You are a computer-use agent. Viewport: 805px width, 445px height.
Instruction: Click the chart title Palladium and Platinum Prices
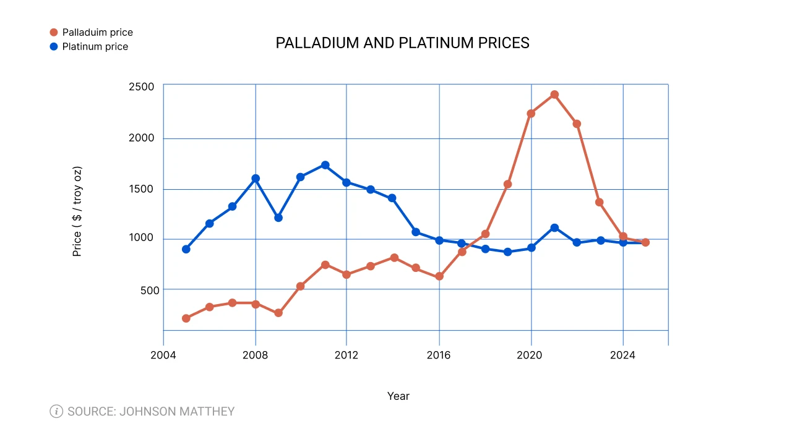(x=402, y=43)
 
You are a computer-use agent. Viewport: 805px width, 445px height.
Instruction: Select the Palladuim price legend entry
(x=97, y=32)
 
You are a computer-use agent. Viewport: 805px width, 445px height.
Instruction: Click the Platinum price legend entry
(x=95, y=46)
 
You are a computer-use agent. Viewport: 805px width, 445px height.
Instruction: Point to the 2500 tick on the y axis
(x=141, y=87)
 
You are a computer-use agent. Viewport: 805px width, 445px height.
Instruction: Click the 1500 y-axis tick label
(x=141, y=189)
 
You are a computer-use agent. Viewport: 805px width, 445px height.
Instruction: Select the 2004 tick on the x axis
(x=163, y=356)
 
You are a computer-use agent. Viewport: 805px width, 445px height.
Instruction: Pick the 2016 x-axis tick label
(x=439, y=356)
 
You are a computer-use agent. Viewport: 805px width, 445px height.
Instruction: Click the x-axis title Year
(x=398, y=396)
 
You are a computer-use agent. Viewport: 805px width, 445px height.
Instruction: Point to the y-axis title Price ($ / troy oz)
(x=77, y=211)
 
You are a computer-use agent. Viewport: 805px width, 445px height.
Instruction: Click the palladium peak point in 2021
(x=554, y=95)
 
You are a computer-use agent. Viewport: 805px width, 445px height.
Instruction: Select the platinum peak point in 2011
(x=325, y=165)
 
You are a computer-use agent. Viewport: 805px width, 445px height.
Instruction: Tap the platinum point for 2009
(x=278, y=218)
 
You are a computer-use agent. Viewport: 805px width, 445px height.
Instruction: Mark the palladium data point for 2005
(x=186, y=318)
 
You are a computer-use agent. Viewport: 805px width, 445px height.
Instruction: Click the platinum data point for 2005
(x=186, y=249)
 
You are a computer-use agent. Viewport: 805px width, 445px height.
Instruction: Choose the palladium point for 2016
(x=439, y=276)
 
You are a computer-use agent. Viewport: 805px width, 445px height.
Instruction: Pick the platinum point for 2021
(x=554, y=227)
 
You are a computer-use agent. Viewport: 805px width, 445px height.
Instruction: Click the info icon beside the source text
(x=56, y=411)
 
